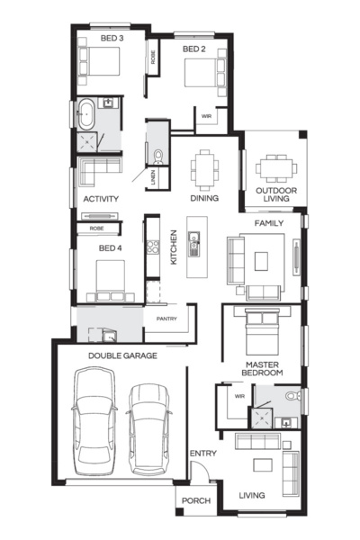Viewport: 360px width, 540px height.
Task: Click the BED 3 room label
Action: (112, 39)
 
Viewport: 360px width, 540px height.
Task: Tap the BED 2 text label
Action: (195, 49)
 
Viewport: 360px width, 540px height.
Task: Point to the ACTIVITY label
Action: (102, 199)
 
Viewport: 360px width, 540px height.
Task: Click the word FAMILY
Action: (269, 222)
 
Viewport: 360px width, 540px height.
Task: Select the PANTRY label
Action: (166, 319)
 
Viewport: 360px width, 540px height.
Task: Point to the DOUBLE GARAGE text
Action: (122, 356)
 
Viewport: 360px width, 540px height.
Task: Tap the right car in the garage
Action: (148, 428)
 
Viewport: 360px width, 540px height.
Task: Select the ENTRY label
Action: (200, 454)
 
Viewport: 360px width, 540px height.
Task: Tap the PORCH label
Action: (195, 501)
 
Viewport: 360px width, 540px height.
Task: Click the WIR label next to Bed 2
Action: (206, 116)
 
